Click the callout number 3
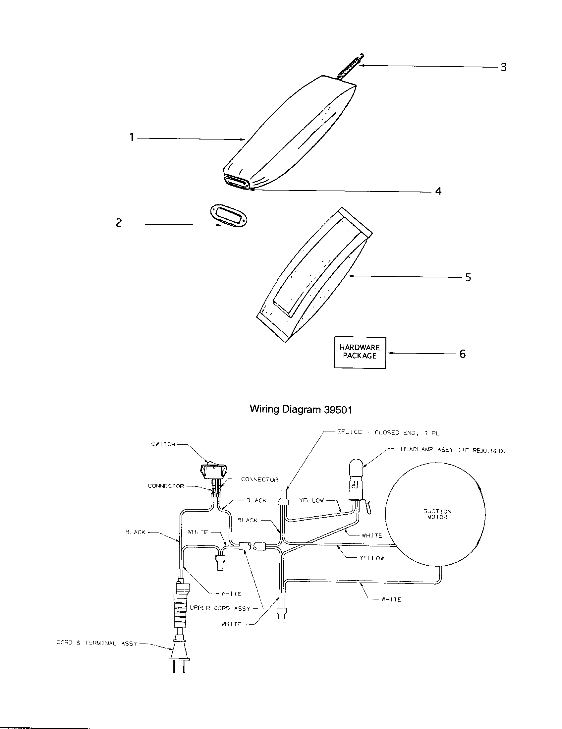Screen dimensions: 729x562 pyautogui.click(x=504, y=67)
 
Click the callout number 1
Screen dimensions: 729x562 pyautogui.click(x=132, y=137)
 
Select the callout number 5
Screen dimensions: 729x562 pyautogui.click(x=468, y=277)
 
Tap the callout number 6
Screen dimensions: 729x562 pyautogui.click(x=462, y=354)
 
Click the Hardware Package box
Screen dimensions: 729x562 pyautogui.click(x=360, y=353)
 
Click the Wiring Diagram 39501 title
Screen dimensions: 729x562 pyautogui.click(x=301, y=410)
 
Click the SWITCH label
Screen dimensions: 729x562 pyautogui.click(x=163, y=444)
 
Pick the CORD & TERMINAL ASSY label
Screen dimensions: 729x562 pyautogui.click(x=97, y=643)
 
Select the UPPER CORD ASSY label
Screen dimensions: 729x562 pyautogui.click(x=220, y=608)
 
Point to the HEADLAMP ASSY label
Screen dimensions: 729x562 pyautogui.click(x=453, y=450)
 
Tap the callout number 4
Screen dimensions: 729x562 pyautogui.click(x=438, y=191)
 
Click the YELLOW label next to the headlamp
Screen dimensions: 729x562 pyautogui.click(x=311, y=500)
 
